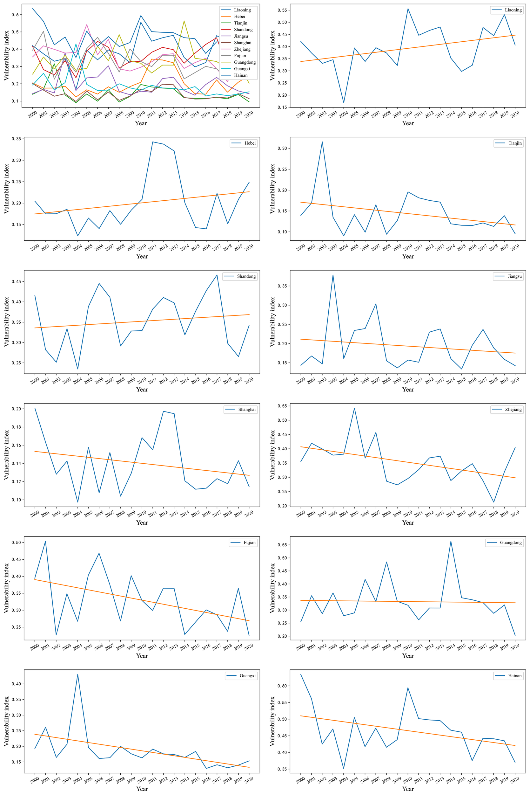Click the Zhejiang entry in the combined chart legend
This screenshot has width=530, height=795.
(242, 49)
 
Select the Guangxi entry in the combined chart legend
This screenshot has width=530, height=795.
(242, 69)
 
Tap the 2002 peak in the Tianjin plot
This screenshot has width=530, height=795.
(322, 142)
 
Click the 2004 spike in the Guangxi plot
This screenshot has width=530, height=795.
(78, 674)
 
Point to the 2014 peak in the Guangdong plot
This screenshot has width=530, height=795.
(451, 541)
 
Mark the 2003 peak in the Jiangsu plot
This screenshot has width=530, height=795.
(333, 275)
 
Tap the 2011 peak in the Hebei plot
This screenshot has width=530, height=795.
(153, 142)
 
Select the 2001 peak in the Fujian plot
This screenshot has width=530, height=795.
(45, 541)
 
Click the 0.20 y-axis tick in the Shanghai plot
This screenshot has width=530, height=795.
(17, 409)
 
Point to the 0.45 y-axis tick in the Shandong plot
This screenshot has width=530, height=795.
(17, 281)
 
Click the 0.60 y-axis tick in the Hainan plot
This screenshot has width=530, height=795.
(283, 686)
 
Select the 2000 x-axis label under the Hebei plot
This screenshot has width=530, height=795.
(35, 247)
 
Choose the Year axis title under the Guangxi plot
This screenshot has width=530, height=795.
(142, 789)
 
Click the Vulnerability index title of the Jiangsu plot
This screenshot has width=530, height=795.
(272, 322)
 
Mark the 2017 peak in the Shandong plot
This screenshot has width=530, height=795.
(217, 275)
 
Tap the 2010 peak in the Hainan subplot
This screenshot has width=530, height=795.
(408, 688)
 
